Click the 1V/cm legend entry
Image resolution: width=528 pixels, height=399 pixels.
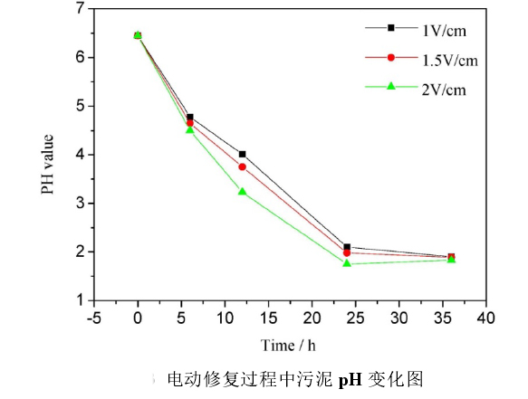[444, 30]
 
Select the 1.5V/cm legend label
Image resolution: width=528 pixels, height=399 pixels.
[449, 60]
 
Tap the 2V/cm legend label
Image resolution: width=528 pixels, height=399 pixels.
[444, 89]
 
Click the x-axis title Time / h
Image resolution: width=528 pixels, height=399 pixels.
[290, 345]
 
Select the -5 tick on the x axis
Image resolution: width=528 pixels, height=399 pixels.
[94, 318]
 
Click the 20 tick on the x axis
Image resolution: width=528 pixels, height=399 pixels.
[312, 318]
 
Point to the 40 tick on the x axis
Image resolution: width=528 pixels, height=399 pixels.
[486, 318]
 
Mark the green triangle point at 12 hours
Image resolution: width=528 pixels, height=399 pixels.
[242, 192]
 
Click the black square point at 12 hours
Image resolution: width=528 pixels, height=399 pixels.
[242, 154]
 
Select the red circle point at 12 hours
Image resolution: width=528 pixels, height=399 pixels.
[242, 166]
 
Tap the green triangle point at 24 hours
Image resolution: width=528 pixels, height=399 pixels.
[347, 263]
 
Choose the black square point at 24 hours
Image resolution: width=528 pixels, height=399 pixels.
[347, 247]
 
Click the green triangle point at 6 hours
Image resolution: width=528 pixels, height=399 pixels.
[189, 130]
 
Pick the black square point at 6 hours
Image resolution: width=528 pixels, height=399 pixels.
[189, 117]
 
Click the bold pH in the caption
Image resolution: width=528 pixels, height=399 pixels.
[350, 378]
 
